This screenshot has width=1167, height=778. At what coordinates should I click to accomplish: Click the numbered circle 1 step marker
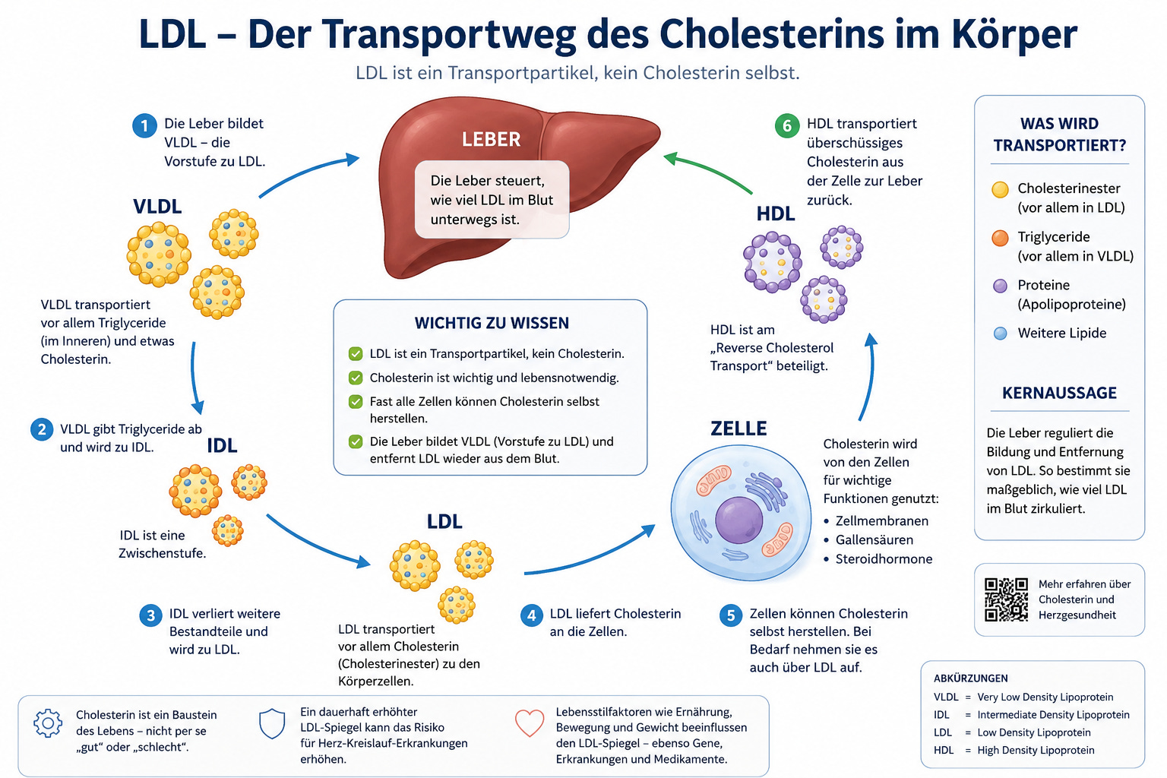(144, 125)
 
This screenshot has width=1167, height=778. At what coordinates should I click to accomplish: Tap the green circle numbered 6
(786, 125)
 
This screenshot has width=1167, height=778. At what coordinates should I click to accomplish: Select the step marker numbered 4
(531, 615)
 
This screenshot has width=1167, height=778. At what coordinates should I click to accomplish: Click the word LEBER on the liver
(491, 139)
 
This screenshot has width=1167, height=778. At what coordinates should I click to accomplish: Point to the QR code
(1006, 599)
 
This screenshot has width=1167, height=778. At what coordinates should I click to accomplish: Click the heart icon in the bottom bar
(530, 723)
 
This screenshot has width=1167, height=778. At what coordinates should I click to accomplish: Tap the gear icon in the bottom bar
(48, 723)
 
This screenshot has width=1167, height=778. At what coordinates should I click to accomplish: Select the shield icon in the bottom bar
(272, 724)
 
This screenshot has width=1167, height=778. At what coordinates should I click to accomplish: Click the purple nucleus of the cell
(738, 520)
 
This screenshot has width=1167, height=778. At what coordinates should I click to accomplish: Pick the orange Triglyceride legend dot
(1000, 238)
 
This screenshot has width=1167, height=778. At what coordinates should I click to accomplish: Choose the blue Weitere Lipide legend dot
(1000, 334)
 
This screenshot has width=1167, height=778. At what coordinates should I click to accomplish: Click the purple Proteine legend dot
(1000, 286)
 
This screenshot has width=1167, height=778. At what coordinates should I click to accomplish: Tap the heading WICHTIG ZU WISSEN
(492, 323)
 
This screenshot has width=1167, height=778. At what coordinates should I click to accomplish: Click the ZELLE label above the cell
(738, 429)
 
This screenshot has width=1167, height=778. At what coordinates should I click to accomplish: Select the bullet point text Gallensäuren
(874, 540)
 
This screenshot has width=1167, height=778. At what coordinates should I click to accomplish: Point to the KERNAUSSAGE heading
(1059, 393)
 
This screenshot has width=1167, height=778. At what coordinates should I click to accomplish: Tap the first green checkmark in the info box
(356, 354)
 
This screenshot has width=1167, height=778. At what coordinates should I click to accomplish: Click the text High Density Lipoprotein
(1036, 750)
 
